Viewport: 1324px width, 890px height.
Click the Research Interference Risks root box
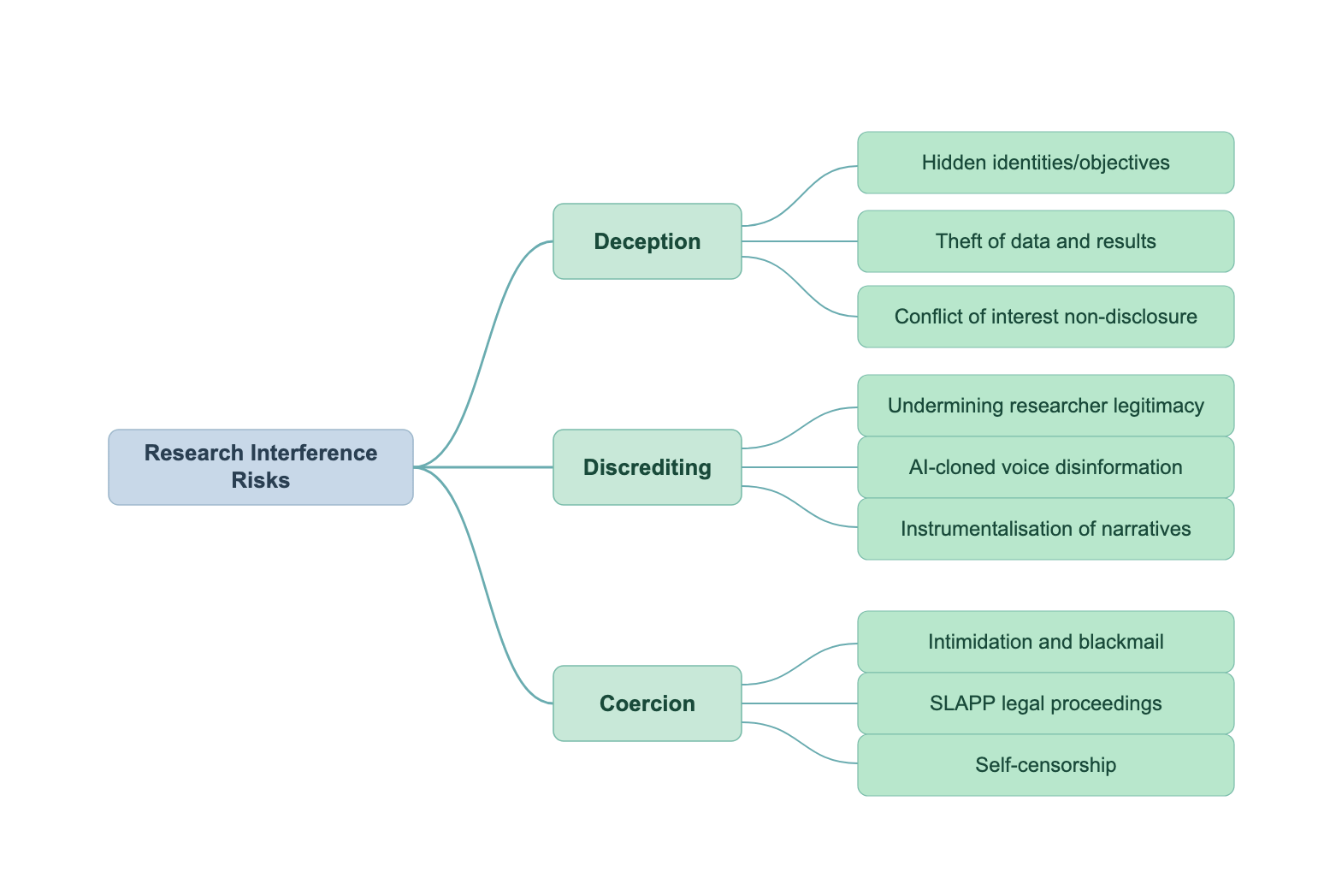261,467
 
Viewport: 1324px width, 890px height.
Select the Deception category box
647,241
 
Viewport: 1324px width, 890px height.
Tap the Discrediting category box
647,467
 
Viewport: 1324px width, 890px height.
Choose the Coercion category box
647,703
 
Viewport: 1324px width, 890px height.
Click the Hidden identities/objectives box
1046,163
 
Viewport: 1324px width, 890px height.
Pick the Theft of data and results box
1046,241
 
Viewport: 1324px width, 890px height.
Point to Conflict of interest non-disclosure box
1046,317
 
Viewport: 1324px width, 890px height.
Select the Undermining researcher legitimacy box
1046,406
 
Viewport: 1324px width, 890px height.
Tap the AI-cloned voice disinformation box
1046,467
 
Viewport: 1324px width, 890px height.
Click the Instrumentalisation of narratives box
1046,529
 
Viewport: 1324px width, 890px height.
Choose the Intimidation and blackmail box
1046,642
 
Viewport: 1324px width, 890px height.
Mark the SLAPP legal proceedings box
1046,703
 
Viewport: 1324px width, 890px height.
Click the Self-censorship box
1046,765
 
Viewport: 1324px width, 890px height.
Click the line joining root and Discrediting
483,467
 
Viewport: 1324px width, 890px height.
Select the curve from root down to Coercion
483,585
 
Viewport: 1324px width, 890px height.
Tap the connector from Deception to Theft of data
800,241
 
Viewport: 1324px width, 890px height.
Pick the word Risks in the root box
261,480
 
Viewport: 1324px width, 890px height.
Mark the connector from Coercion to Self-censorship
800,742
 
